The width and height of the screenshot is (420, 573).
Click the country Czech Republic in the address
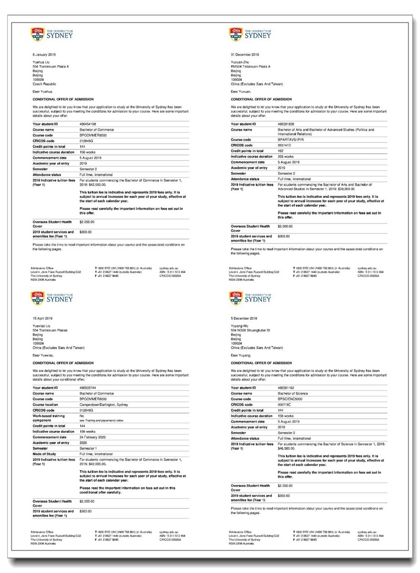45,83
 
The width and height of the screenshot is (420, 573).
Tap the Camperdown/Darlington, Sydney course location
104,404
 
